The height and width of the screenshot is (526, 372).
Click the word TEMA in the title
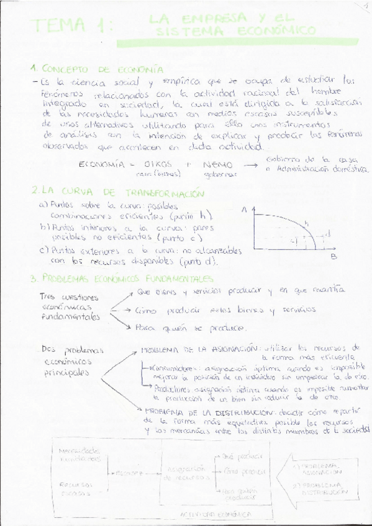click(x=60, y=25)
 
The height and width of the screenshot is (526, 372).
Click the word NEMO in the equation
click(x=217, y=165)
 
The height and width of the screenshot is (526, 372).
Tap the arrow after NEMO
click(x=250, y=165)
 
